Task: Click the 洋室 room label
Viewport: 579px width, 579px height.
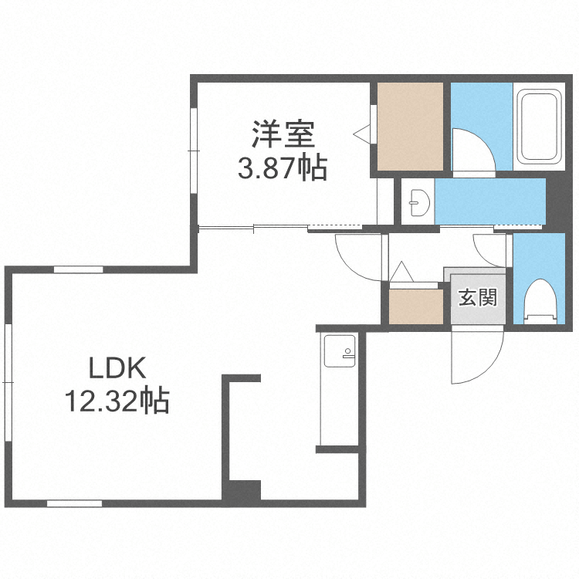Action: pyautogui.click(x=283, y=135)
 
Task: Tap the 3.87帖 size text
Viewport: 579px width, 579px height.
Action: pyautogui.click(x=282, y=167)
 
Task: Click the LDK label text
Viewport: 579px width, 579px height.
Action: pyautogui.click(x=116, y=369)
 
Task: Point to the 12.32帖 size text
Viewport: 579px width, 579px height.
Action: pyautogui.click(x=117, y=401)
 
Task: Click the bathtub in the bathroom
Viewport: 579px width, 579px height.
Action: pyautogui.click(x=538, y=127)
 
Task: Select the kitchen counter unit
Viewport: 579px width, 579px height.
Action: pyautogui.click(x=338, y=390)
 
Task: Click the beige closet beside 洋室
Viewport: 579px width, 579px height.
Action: pyautogui.click(x=409, y=127)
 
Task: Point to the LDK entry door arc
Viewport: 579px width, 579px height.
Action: pyautogui.click(x=359, y=259)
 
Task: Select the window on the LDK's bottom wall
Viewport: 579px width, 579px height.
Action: pyautogui.click(x=75, y=503)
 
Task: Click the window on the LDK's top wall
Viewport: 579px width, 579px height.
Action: pyautogui.click(x=78, y=269)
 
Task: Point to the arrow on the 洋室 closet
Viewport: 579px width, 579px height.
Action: pyautogui.click(x=361, y=134)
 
